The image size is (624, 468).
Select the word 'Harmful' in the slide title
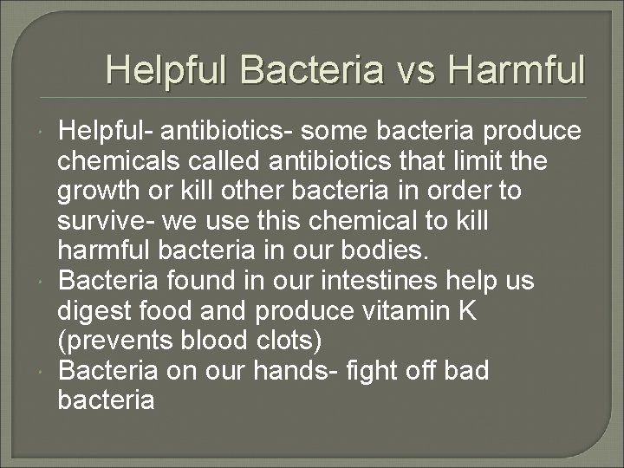[525, 69]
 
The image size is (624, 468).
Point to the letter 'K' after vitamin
[467, 310]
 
